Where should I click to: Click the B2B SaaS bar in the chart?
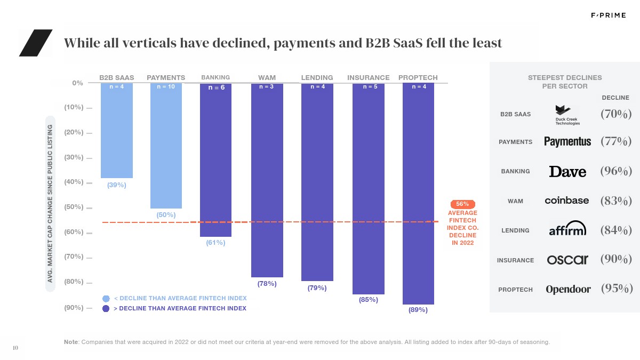point(117,131)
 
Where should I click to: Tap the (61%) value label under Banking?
point(215,243)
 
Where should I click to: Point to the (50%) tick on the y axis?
point(74,207)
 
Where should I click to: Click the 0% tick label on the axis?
point(77,83)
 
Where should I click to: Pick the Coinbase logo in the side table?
point(566,201)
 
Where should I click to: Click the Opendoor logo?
point(568,290)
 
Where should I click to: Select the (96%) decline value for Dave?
point(616,171)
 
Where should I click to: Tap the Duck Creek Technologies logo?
point(567,115)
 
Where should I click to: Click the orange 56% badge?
point(462,204)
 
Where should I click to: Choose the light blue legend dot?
point(106,298)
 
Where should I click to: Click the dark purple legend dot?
point(106,308)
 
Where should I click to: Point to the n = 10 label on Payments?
point(166,86)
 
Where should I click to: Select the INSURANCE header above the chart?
point(368,77)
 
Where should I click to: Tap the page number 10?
point(15,348)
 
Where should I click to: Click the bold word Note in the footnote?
point(70,342)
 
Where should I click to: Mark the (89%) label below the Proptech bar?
point(418,310)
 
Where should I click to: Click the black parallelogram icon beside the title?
point(35,43)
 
